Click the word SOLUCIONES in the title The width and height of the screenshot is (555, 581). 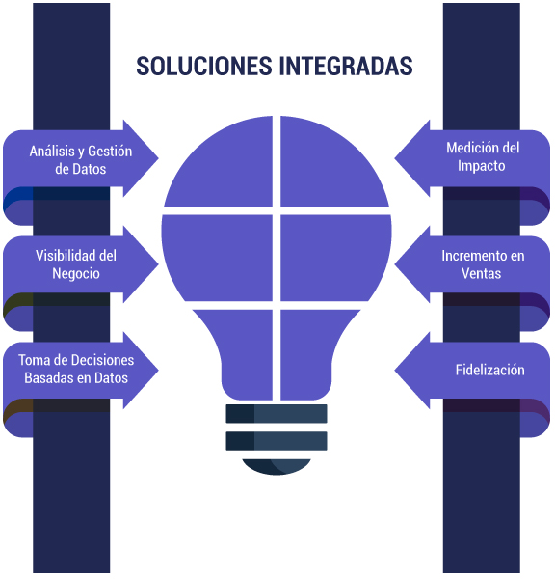point(204,67)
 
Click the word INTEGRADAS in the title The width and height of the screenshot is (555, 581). point(346,67)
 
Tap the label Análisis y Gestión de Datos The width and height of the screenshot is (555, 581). point(81,160)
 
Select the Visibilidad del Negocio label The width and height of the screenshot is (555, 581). point(76,264)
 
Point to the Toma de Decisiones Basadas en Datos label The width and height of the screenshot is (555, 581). point(76,369)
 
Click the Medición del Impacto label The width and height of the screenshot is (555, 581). point(483,156)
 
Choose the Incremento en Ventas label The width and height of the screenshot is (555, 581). point(483,264)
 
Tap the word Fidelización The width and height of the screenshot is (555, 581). point(489,371)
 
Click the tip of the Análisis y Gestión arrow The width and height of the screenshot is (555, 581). point(158,158)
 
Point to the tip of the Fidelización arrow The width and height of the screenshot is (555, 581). point(395,371)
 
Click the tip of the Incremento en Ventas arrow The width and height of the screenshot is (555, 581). point(395,264)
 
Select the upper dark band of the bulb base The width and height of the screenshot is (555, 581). point(277,413)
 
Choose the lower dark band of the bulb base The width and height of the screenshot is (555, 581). point(277,441)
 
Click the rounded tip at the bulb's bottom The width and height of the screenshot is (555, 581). point(277,466)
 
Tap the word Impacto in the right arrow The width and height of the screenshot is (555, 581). point(482,166)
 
